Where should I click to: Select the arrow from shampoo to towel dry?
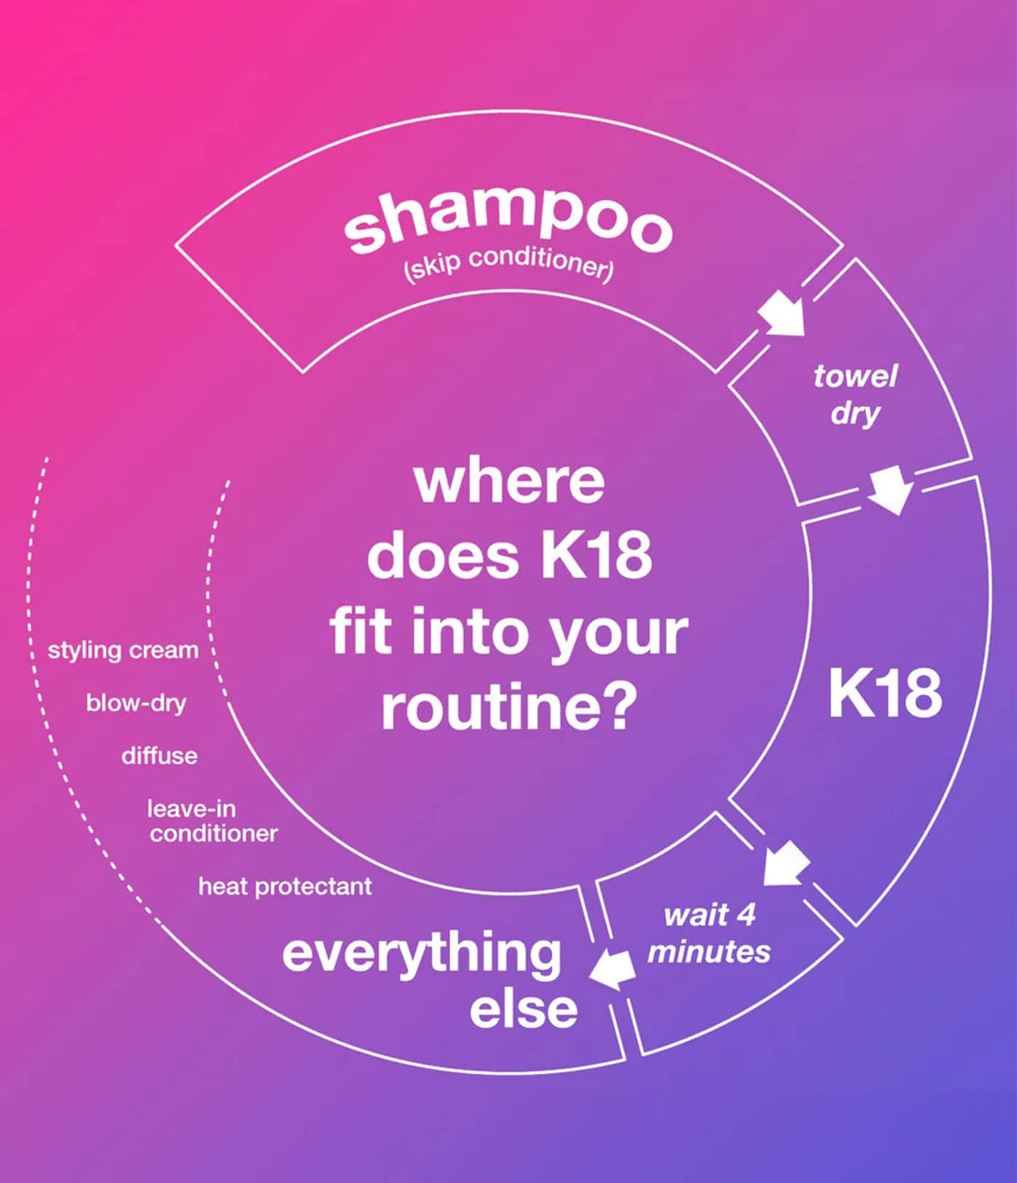(782, 313)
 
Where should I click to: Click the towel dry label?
(855, 394)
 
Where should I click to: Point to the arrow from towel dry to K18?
(891, 490)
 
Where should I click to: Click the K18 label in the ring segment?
(885, 694)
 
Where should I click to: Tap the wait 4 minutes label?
(709, 933)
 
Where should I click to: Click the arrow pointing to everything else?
(612, 970)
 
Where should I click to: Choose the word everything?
(421, 953)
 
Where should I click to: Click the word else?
(523, 1009)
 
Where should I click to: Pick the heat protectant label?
(285, 886)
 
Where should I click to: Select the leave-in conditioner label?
(213, 821)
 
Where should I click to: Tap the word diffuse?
(159, 756)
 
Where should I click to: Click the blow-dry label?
(136, 703)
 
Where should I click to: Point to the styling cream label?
(123, 650)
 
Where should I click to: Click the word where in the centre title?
(509, 481)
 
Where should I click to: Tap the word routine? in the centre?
(508, 705)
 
